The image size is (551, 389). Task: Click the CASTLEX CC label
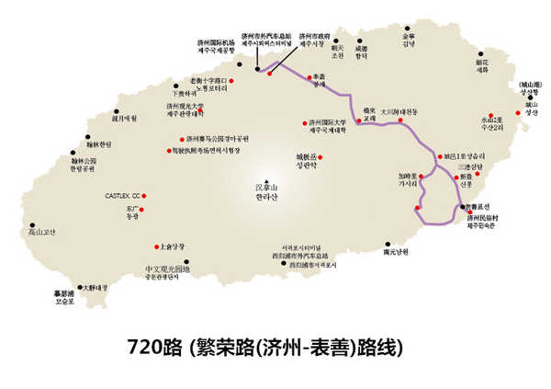tap(124, 196)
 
